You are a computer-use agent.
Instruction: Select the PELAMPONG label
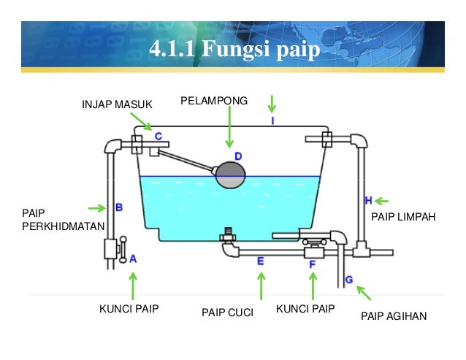pos(214,100)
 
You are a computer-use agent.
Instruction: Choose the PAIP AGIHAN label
pos(394,317)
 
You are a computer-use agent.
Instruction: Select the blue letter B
pos(118,208)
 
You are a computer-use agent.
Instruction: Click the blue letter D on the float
pos(237,156)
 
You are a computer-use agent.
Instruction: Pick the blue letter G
pos(349,279)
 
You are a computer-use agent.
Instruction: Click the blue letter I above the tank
pos(272,120)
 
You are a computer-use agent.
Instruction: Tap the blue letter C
pos(157,136)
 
